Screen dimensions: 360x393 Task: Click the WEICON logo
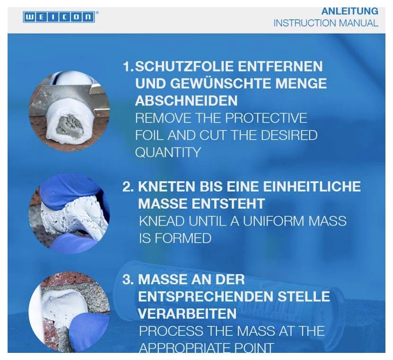pyautogui.click(x=59, y=17)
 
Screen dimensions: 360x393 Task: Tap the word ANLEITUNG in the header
pyautogui.click(x=349, y=11)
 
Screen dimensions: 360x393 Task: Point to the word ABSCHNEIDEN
pyautogui.click(x=186, y=100)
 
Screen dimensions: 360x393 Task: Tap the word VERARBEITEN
pyautogui.click(x=187, y=313)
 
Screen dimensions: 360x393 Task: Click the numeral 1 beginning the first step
pyautogui.click(x=126, y=67)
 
